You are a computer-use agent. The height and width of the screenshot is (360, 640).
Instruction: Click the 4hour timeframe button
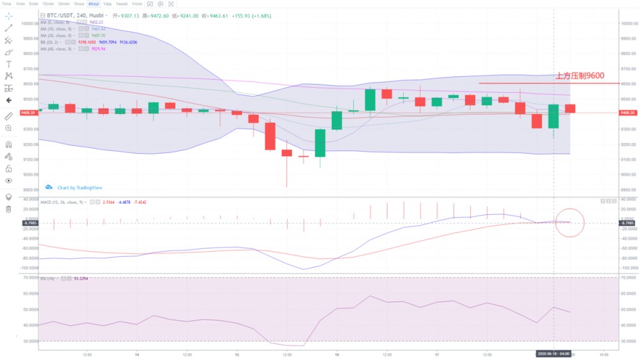click(94, 4)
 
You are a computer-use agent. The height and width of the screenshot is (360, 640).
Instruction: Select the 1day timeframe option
click(108, 4)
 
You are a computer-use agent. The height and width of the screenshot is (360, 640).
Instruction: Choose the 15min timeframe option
click(49, 4)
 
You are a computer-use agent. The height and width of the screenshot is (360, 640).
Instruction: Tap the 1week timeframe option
click(122, 4)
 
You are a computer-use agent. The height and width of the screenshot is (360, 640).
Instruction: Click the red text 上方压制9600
click(579, 76)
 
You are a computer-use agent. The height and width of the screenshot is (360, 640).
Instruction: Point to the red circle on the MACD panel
click(570, 222)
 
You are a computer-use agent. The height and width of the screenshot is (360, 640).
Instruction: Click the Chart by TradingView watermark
click(75, 188)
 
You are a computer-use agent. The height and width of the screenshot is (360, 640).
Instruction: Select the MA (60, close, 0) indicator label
click(57, 49)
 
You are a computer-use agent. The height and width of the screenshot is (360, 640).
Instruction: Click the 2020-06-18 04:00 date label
click(554, 353)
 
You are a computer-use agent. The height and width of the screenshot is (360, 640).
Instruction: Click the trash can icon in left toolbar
click(8, 209)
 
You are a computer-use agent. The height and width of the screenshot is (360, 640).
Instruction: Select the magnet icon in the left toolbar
click(8, 144)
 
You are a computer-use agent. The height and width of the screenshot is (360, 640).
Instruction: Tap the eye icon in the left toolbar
click(8, 181)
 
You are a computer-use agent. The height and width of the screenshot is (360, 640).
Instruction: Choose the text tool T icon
click(8, 64)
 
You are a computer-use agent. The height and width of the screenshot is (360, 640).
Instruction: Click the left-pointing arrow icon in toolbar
click(8, 100)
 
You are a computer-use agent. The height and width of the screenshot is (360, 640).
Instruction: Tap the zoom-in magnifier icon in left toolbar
click(8, 128)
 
